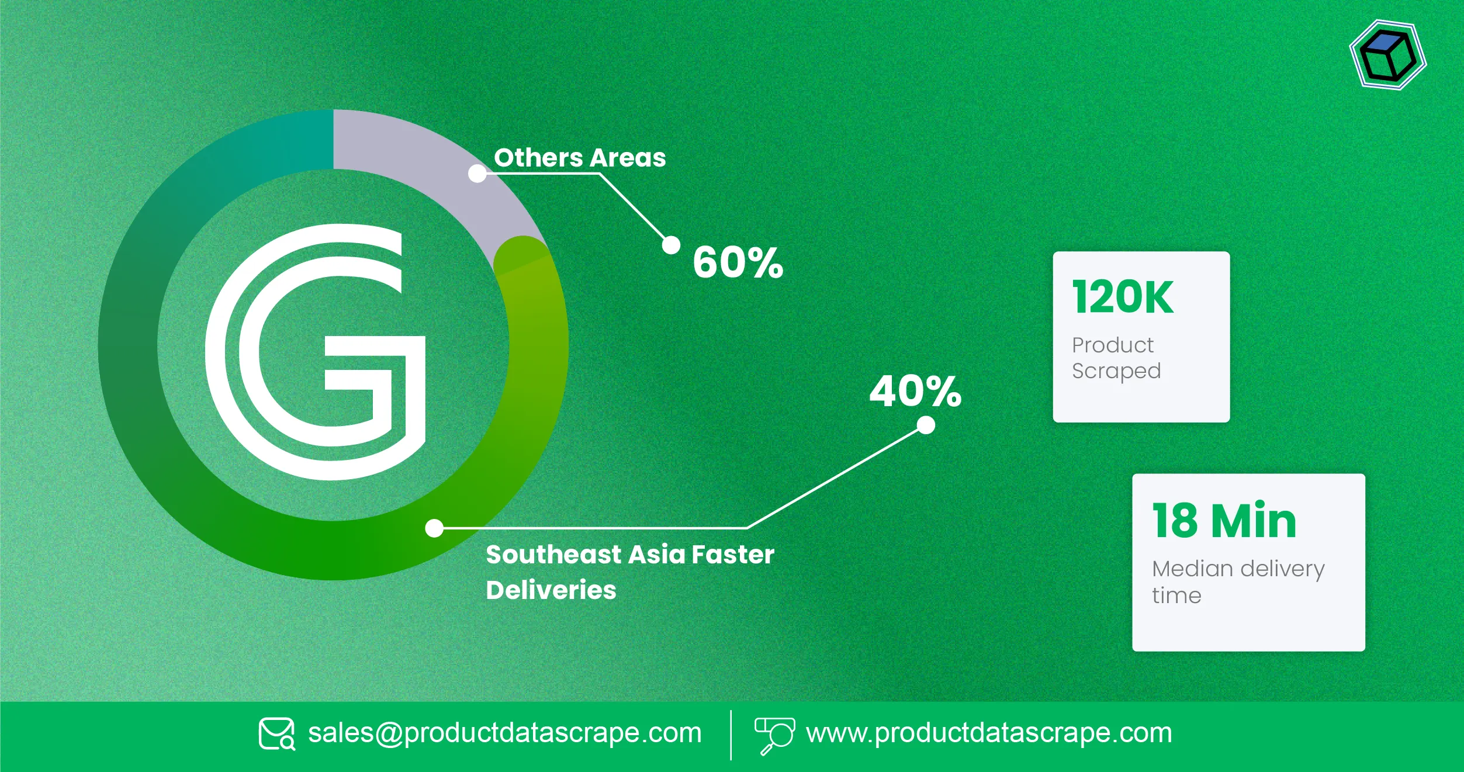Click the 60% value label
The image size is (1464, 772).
tap(738, 262)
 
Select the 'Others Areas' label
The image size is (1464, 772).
tap(580, 158)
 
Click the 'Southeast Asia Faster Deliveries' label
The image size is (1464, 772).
tap(629, 572)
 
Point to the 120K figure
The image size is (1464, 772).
tap(1123, 297)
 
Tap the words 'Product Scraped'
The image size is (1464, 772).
tap(1116, 358)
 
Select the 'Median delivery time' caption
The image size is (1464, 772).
tap(1238, 581)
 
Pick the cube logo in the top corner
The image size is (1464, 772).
tap(1388, 56)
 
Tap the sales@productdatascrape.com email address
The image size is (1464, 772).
tap(504, 733)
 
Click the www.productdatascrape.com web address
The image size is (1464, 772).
tap(989, 733)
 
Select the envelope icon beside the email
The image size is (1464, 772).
tap(276, 734)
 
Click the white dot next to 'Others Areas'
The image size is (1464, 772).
tap(477, 174)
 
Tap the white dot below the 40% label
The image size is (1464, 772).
tap(926, 425)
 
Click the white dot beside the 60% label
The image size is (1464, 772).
tap(671, 245)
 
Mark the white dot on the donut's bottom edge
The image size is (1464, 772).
tap(434, 528)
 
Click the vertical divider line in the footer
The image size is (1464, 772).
tap(731, 735)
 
